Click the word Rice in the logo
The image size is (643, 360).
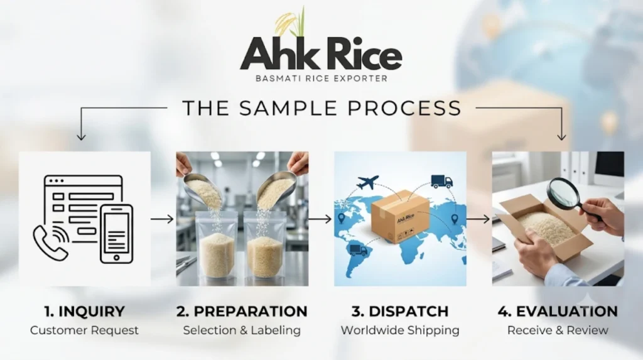(x=362, y=53)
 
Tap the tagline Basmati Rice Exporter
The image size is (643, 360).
(x=321, y=78)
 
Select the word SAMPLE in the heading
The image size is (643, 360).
(x=289, y=108)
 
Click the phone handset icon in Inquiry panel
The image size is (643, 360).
(x=51, y=242)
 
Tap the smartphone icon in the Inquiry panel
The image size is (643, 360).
(x=117, y=234)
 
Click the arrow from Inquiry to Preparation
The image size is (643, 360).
(x=163, y=219)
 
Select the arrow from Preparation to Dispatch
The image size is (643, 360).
(x=320, y=219)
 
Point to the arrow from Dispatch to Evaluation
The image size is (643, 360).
(x=478, y=219)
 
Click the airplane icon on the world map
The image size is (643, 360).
(x=367, y=182)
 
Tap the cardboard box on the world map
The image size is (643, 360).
(x=400, y=216)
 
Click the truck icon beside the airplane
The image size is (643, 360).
(x=441, y=182)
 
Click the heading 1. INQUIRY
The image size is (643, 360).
(x=85, y=312)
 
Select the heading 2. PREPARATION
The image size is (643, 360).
(x=242, y=312)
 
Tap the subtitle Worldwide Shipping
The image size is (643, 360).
(x=400, y=330)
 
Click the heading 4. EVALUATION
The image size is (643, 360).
(x=558, y=312)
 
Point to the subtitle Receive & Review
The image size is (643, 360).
(x=558, y=330)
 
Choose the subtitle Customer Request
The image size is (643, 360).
(x=85, y=330)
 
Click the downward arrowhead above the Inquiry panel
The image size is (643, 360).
(x=81, y=136)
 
